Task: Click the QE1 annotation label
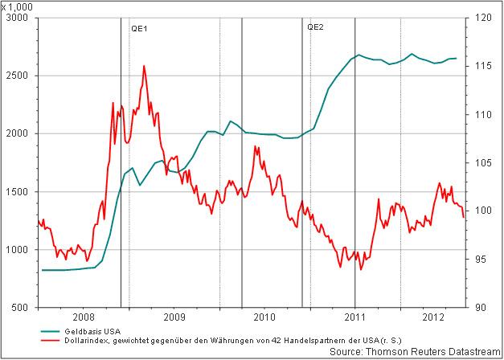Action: point(140,27)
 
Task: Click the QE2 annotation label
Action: point(315,27)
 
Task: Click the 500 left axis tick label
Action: point(22,308)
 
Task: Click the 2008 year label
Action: point(83,318)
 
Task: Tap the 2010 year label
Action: point(264,318)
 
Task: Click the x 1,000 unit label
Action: point(16,6)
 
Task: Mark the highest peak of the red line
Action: point(144,66)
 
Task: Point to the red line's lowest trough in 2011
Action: point(361,270)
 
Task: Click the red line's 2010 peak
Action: point(255,146)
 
